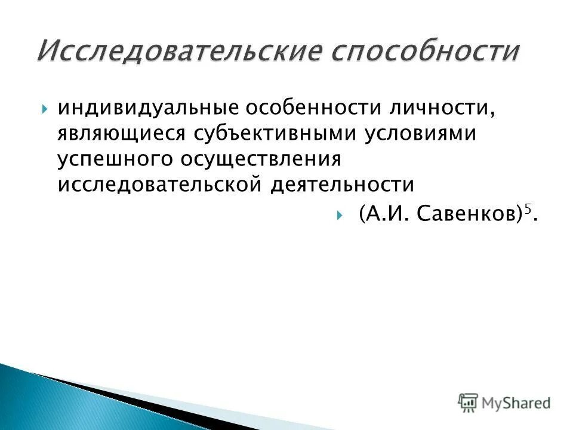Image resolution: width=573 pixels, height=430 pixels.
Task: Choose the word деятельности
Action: tap(343, 185)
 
